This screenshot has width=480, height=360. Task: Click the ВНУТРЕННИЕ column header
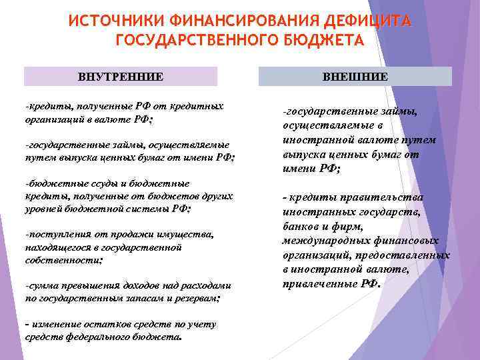point(121,77)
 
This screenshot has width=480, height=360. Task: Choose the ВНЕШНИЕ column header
point(355,77)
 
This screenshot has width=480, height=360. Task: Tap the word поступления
point(53,235)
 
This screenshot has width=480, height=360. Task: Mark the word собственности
point(63,260)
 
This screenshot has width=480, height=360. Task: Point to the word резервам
point(196,299)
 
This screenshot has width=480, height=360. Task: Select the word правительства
point(386,197)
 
